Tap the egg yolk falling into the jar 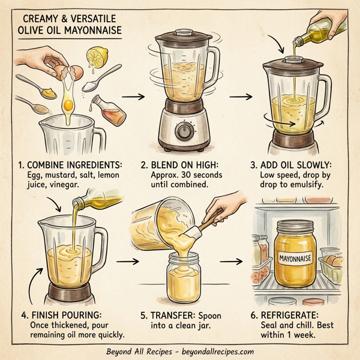tap(69, 105)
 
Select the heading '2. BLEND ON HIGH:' tap(178, 164)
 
